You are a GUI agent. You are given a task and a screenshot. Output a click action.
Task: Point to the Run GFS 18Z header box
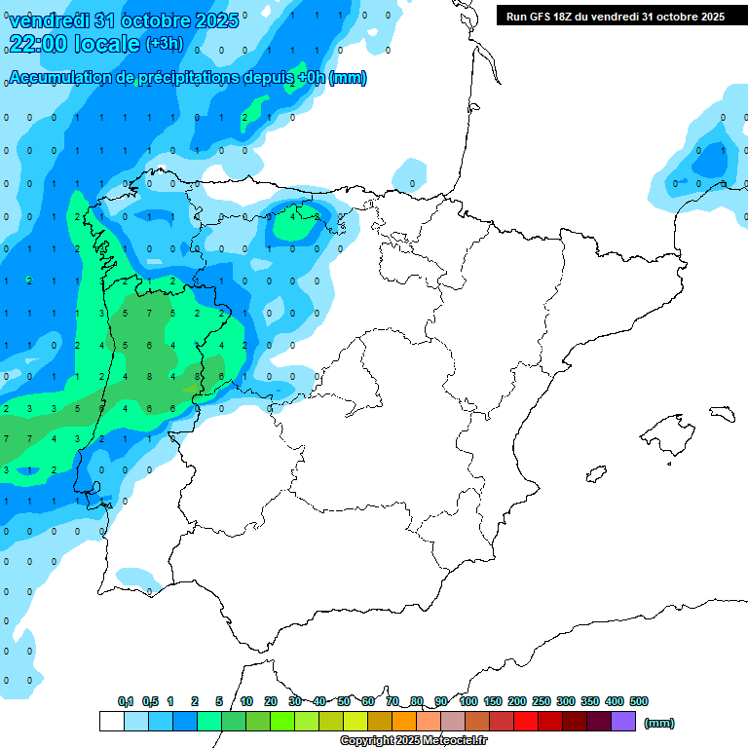pyautogui.click(x=615, y=16)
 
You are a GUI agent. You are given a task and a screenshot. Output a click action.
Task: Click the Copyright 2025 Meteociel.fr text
pyautogui.click(x=413, y=741)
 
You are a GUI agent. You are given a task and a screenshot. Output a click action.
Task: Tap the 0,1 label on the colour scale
pyautogui.click(x=126, y=701)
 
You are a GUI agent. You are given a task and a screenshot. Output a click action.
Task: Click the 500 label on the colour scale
pyautogui.click(x=639, y=701)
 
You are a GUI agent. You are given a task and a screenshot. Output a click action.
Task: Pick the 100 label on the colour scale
pyautogui.click(x=467, y=701)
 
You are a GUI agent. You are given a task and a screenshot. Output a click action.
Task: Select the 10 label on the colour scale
pyautogui.click(x=246, y=701)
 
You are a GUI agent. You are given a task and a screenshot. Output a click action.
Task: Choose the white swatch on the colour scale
pyautogui.click(x=111, y=721)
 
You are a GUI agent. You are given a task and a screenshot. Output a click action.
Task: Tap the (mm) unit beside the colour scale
pyautogui.click(x=659, y=723)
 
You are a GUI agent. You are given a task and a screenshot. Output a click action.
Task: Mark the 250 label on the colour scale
pyautogui.click(x=542, y=701)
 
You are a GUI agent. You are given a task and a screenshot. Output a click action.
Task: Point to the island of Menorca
pyautogui.click(x=722, y=413)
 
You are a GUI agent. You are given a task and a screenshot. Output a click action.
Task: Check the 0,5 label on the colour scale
pyautogui.click(x=150, y=701)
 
